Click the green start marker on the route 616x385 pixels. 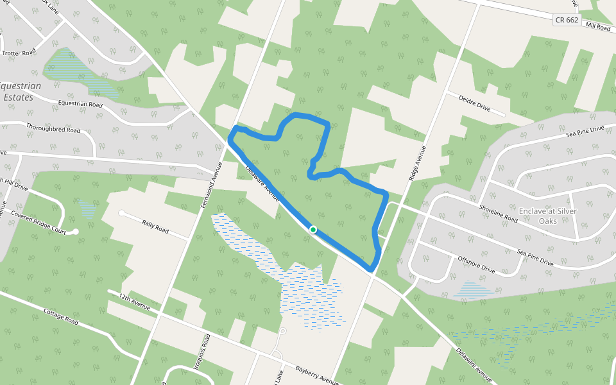pos(313,229)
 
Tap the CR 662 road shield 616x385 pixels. pos(567,21)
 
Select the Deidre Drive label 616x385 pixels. pos(474,103)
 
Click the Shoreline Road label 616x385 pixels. pos(498,213)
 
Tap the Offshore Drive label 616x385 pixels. pos(477,265)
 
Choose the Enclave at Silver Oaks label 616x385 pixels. pos(547,216)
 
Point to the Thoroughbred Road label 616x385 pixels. pos(53,129)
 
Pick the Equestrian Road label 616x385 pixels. pos(80,104)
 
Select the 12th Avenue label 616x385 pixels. pos(135,301)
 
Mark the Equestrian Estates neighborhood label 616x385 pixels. pos(19,91)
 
